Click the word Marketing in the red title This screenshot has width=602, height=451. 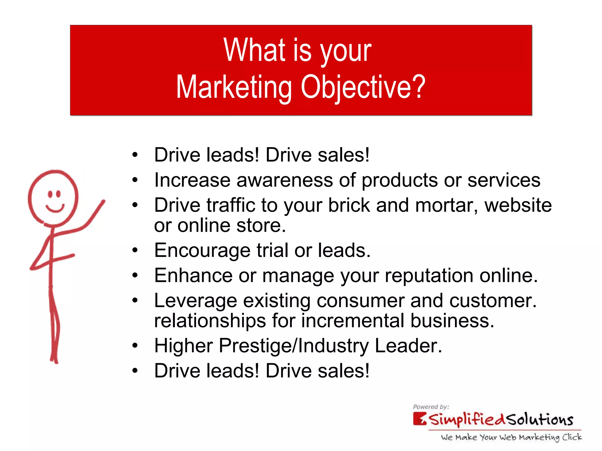tap(234, 87)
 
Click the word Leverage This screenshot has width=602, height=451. tap(195, 301)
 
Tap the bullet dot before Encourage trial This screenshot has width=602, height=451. tap(135, 250)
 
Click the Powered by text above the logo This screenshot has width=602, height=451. tap(431, 407)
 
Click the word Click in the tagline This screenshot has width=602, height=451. tap(572, 437)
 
